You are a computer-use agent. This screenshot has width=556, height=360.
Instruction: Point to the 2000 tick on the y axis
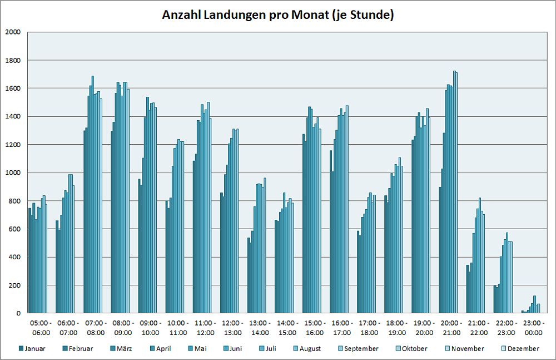[x=12, y=32]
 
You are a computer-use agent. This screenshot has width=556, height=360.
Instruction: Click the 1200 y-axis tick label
[x=12, y=145]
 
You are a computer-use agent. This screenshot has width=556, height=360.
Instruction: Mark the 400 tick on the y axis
[x=14, y=257]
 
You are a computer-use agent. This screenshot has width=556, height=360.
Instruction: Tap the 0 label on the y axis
[x=18, y=313]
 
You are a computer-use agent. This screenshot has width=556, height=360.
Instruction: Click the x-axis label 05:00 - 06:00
[x=41, y=327]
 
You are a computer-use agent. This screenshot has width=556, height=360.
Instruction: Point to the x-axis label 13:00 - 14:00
[x=259, y=327]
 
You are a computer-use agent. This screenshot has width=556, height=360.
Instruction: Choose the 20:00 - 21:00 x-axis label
[x=450, y=327]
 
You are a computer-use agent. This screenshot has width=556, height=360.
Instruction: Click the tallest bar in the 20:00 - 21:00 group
[x=454, y=192]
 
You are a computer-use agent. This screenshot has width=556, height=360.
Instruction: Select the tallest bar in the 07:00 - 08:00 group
[x=93, y=195]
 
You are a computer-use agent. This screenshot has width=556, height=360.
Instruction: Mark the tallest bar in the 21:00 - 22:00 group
[x=479, y=256]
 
